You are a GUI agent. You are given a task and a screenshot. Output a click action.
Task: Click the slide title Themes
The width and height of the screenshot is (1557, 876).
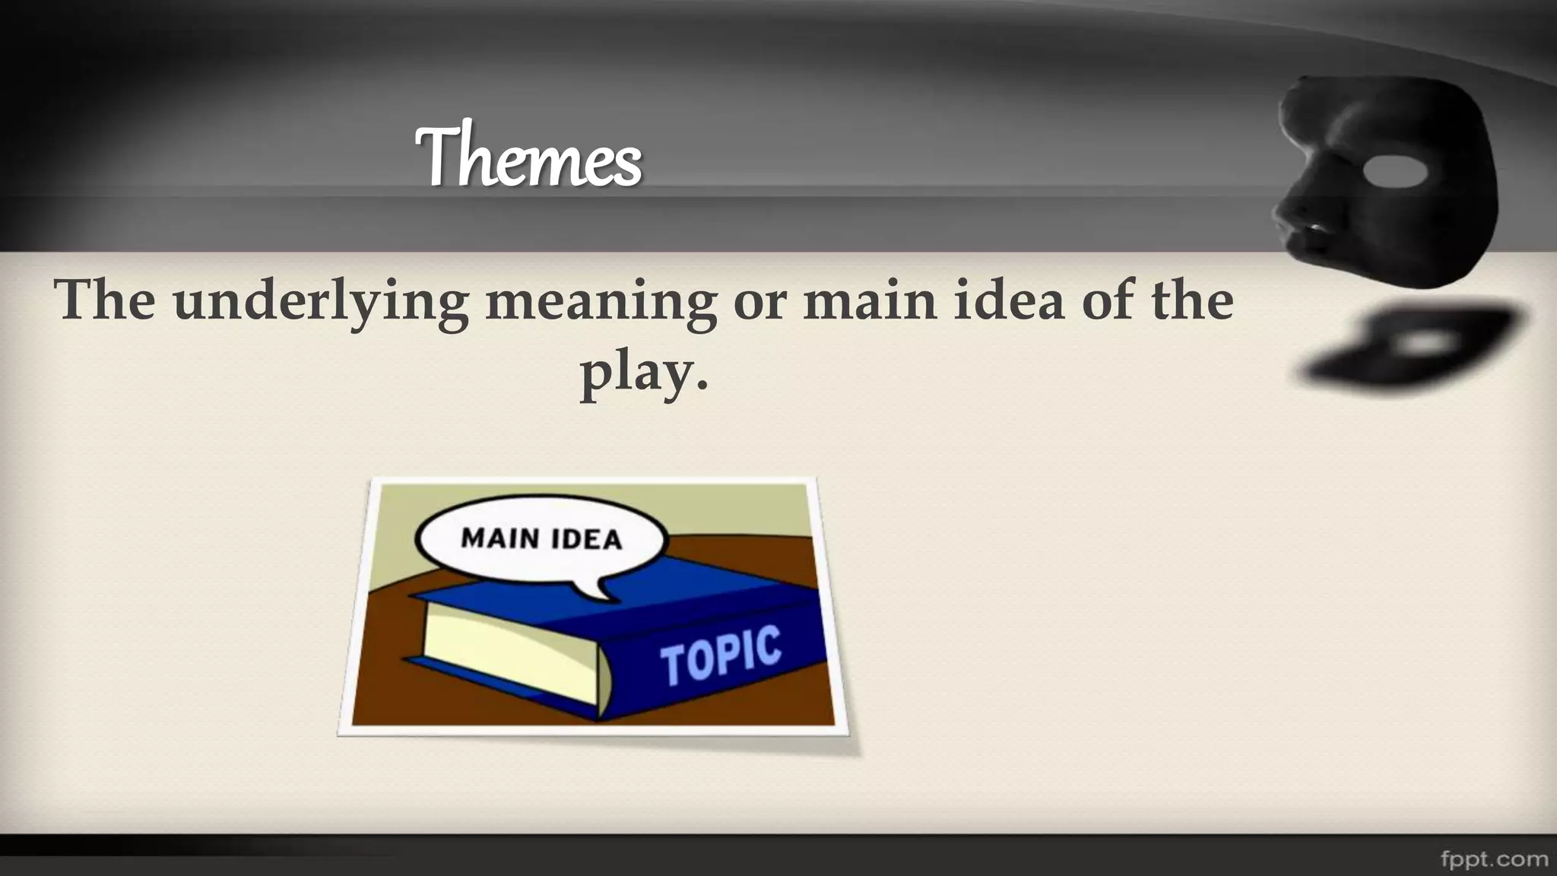(x=528, y=157)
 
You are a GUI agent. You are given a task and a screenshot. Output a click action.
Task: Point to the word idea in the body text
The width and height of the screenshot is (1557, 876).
(x=1007, y=300)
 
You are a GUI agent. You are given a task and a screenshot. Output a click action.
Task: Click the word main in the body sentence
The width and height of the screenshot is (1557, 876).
(x=870, y=300)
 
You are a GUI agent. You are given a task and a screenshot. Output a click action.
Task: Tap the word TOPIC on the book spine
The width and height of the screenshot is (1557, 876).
(x=720, y=654)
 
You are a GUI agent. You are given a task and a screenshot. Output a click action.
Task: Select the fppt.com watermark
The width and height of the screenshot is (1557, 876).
(x=1494, y=859)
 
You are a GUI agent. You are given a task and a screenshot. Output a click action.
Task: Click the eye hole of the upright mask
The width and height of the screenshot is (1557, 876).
(x=1396, y=172)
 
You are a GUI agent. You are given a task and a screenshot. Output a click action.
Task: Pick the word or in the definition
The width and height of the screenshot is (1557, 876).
(x=759, y=301)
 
